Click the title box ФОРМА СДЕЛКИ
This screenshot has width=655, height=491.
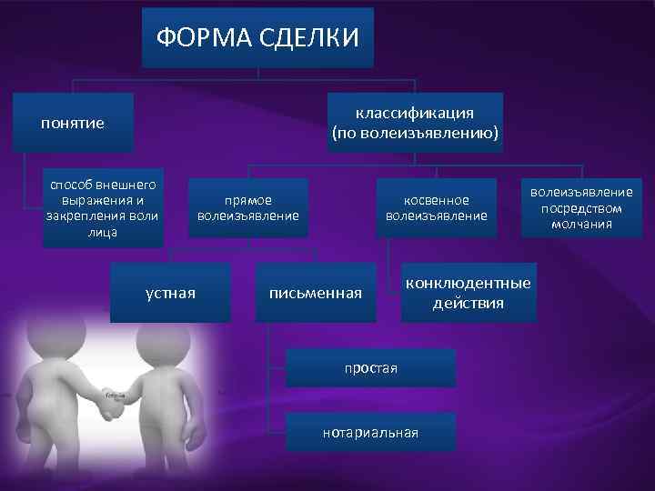point(257,37)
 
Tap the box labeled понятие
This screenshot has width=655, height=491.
point(73,123)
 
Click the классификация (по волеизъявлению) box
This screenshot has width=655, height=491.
point(414,123)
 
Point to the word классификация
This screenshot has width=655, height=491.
point(414,112)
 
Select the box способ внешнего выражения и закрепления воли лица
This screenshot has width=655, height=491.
point(103,207)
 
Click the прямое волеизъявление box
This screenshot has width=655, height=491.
point(248,207)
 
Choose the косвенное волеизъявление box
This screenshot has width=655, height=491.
point(437,207)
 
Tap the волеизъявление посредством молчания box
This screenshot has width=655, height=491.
point(581,207)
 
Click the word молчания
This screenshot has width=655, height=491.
point(581,224)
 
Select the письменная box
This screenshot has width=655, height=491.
point(315,293)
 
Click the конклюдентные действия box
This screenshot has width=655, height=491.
point(468,293)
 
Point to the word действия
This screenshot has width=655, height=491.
point(468,303)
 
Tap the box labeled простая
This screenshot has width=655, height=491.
point(369,366)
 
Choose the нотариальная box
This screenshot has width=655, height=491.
point(369,432)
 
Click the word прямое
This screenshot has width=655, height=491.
point(248,199)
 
